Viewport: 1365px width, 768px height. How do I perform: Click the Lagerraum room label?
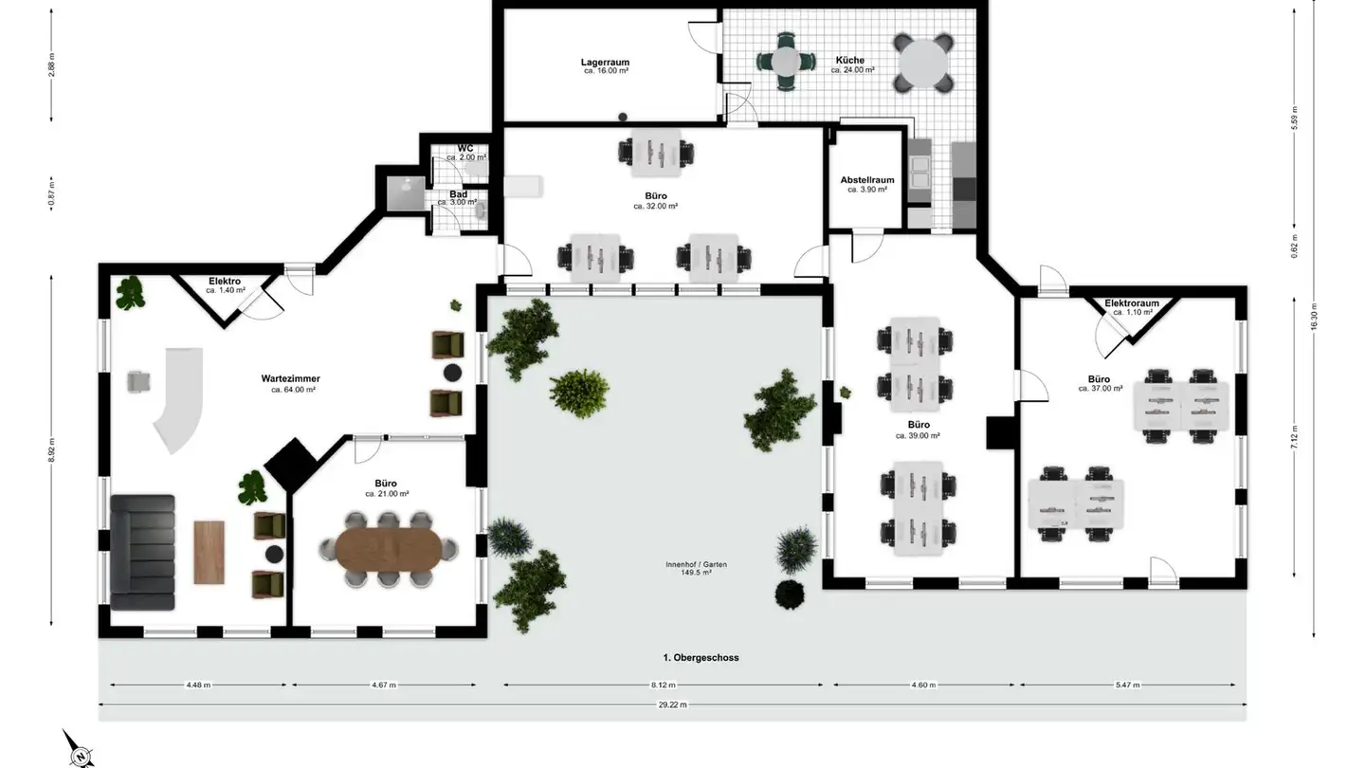605,63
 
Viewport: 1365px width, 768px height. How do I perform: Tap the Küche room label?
850,61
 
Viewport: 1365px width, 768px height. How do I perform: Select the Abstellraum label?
867,180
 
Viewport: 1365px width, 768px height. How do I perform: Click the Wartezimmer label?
291,378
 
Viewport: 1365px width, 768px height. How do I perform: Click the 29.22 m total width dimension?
672,704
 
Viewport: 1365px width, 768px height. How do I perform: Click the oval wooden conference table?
389,549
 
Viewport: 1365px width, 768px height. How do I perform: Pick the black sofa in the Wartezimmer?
142,552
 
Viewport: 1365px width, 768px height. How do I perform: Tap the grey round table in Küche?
923,63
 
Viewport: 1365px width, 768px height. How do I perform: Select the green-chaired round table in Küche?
786,62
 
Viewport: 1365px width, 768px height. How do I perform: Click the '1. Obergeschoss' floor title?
701,658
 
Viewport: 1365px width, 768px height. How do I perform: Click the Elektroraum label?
1132,303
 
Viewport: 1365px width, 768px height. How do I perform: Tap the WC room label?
465,149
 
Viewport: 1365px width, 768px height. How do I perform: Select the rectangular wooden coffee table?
209,552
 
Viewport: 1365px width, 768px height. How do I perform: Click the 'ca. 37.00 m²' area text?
1101,389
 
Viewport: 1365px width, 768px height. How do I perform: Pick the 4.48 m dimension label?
198,685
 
